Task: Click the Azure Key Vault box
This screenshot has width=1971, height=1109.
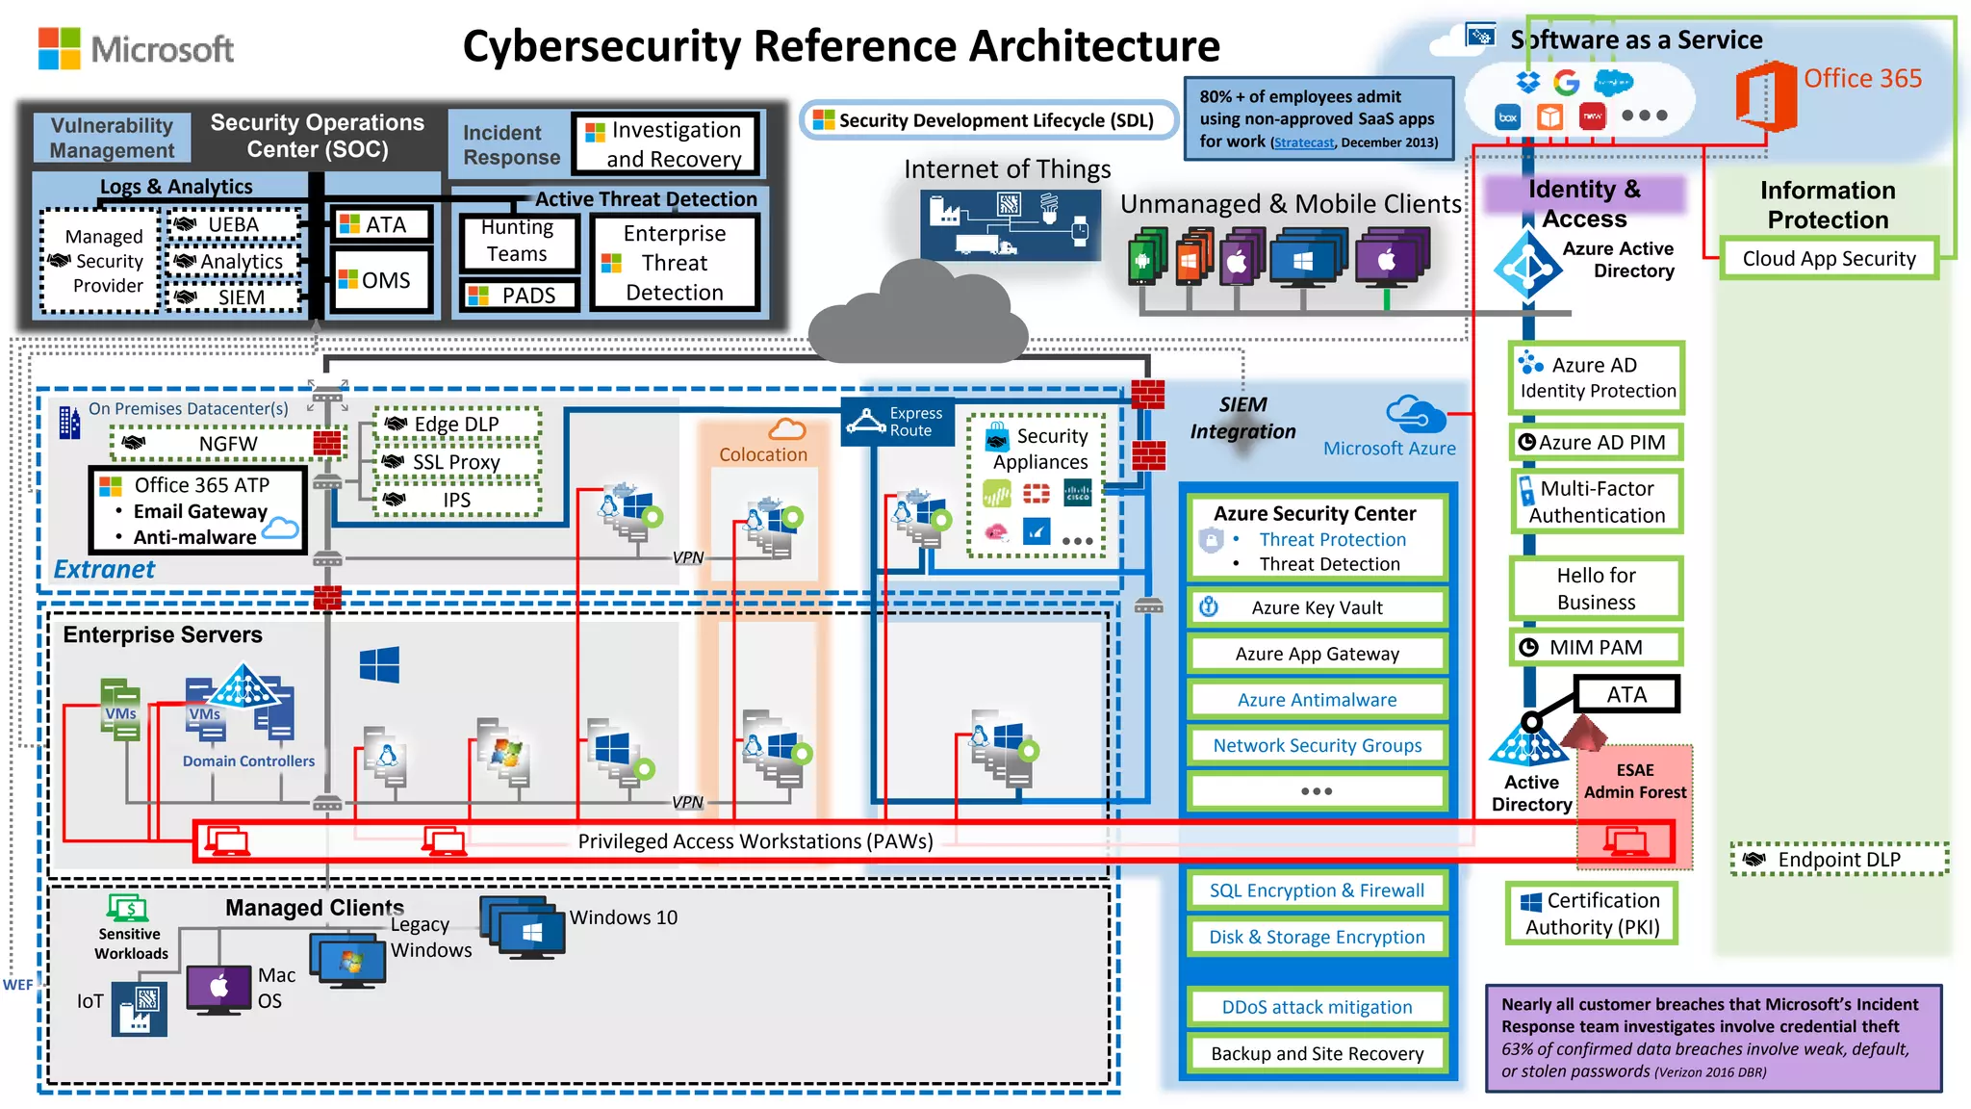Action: point(1317,607)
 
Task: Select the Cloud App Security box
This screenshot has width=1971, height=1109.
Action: point(1829,259)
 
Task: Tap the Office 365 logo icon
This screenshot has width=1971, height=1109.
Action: point(1766,95)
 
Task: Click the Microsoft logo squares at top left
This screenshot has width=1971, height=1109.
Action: point(59,48)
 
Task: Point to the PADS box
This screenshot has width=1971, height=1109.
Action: point(520,296)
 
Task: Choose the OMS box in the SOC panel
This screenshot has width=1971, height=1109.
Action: point(380,280)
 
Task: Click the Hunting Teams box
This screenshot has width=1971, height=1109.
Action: point(517,241)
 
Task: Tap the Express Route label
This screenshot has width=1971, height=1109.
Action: point(897,422)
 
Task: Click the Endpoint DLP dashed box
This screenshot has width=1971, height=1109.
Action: point(1838,860)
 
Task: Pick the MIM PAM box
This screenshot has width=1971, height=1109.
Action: point(1595,648)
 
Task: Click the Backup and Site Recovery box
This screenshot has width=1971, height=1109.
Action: point(1317,1053)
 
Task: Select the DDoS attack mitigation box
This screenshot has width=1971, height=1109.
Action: point(1317,1007)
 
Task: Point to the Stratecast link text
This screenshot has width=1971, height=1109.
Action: point(1303,142)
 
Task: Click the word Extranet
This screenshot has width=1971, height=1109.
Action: point(104,570)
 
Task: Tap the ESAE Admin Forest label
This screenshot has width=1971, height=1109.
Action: point(1634,782)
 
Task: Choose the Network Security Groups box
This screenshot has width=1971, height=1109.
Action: point(1317,745)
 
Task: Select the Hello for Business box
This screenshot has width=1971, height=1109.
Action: point(1596,588)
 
